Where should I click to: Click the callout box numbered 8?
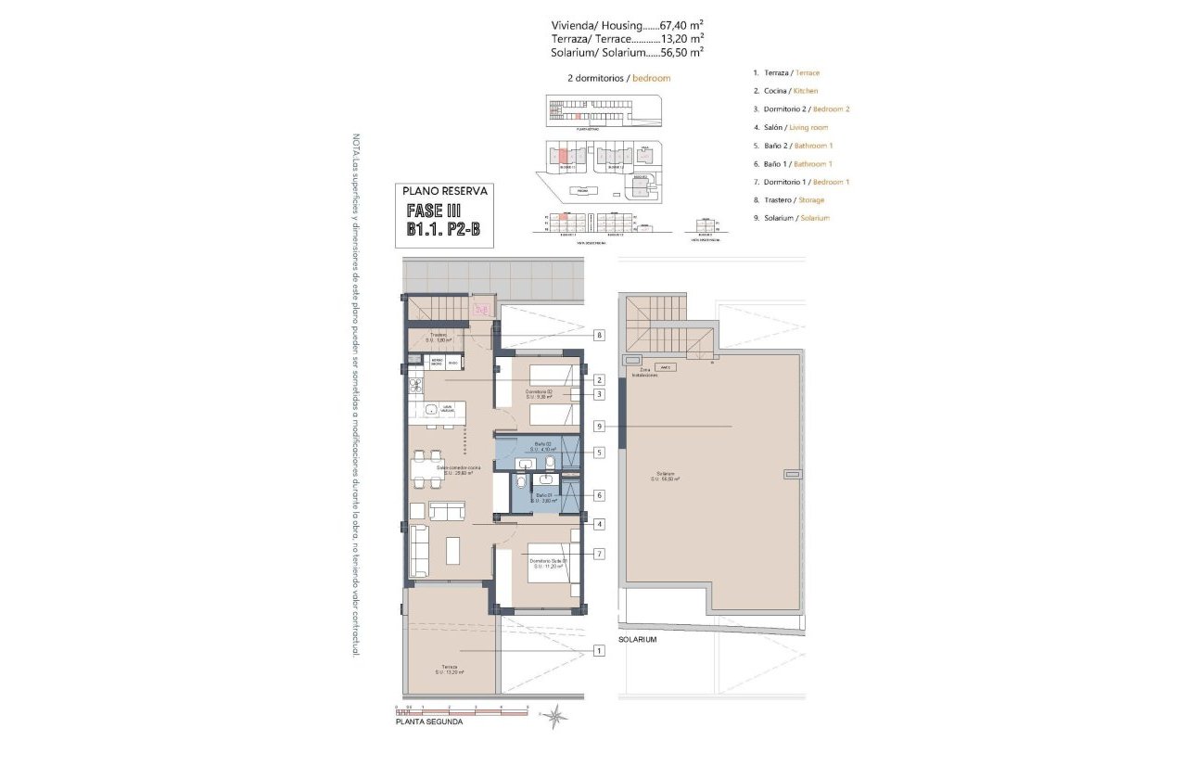coord(600,335)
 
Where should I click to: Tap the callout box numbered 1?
coord(600,651)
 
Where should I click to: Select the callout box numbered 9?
coord(600,427)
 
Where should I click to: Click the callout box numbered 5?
coord(600,453)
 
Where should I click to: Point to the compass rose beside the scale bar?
coord(555,715)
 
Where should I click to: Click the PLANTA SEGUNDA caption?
coord(428,722)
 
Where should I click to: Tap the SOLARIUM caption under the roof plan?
coord(638,640)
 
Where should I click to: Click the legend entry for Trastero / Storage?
coord(788,199)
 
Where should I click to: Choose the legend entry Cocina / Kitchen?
coord(785,91)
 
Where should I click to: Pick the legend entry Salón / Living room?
coord(791,127)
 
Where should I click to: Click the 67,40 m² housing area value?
coord(681,25)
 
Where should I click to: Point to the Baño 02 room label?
coord(541,447)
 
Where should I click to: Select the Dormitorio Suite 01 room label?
coord(548,563)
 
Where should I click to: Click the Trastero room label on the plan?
coord(439,337)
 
